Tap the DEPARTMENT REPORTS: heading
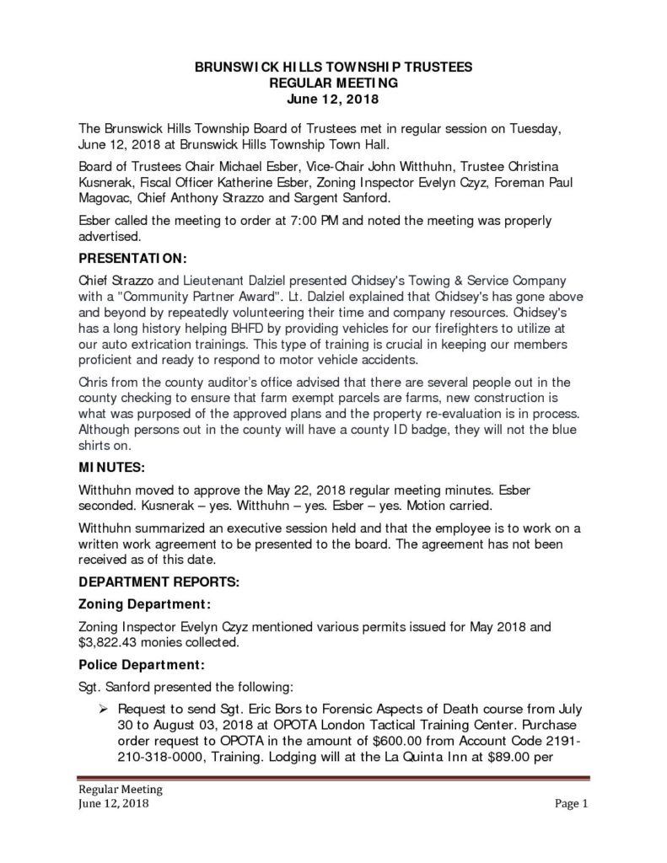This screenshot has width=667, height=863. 159,582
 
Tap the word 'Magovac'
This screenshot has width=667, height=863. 107,198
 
